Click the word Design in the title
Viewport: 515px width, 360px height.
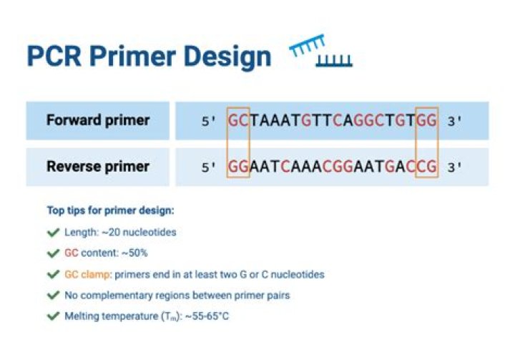(x=226, y=57)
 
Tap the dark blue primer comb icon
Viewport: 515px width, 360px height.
(x=334, y=62)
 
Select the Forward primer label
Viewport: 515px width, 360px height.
(x=98, y=120)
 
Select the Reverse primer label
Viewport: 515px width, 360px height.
(x=98, y=167)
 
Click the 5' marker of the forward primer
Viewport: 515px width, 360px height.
(x=208, y=122)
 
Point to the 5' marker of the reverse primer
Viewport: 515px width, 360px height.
(x=208, y=168)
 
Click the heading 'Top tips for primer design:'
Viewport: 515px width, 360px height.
(x=110, y=211)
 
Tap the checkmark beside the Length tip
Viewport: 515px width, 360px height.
(x=52, y=232)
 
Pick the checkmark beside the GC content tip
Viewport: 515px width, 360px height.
(x=52, y=253)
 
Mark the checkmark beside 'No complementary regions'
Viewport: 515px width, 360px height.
(x=52, y=296)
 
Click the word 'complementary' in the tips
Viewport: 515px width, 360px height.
(x=112, y=296)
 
